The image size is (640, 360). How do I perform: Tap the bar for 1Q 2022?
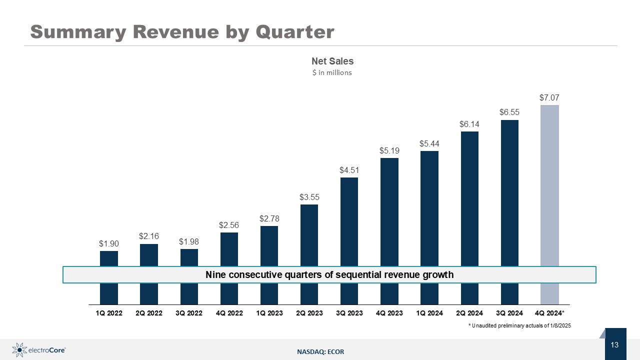(108, 258)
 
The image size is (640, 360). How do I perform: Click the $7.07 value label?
(549, 97)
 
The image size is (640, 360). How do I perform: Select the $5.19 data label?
(389, 150)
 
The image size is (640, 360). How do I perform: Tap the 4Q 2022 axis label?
(229, 313)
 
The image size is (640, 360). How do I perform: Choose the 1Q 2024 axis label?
(429, 313)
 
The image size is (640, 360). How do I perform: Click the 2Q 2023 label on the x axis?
(309, 313)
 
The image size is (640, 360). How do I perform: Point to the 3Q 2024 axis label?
(509, 313)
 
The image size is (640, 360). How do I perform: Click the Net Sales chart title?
(332, 61)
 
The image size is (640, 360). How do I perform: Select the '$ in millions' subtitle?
(332, 73)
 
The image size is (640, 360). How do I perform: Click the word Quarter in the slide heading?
(294, 32)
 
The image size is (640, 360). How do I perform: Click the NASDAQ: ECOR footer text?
(320, 352)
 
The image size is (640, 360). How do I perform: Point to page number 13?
(614, 344)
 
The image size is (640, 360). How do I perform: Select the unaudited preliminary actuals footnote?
(519, 325)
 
